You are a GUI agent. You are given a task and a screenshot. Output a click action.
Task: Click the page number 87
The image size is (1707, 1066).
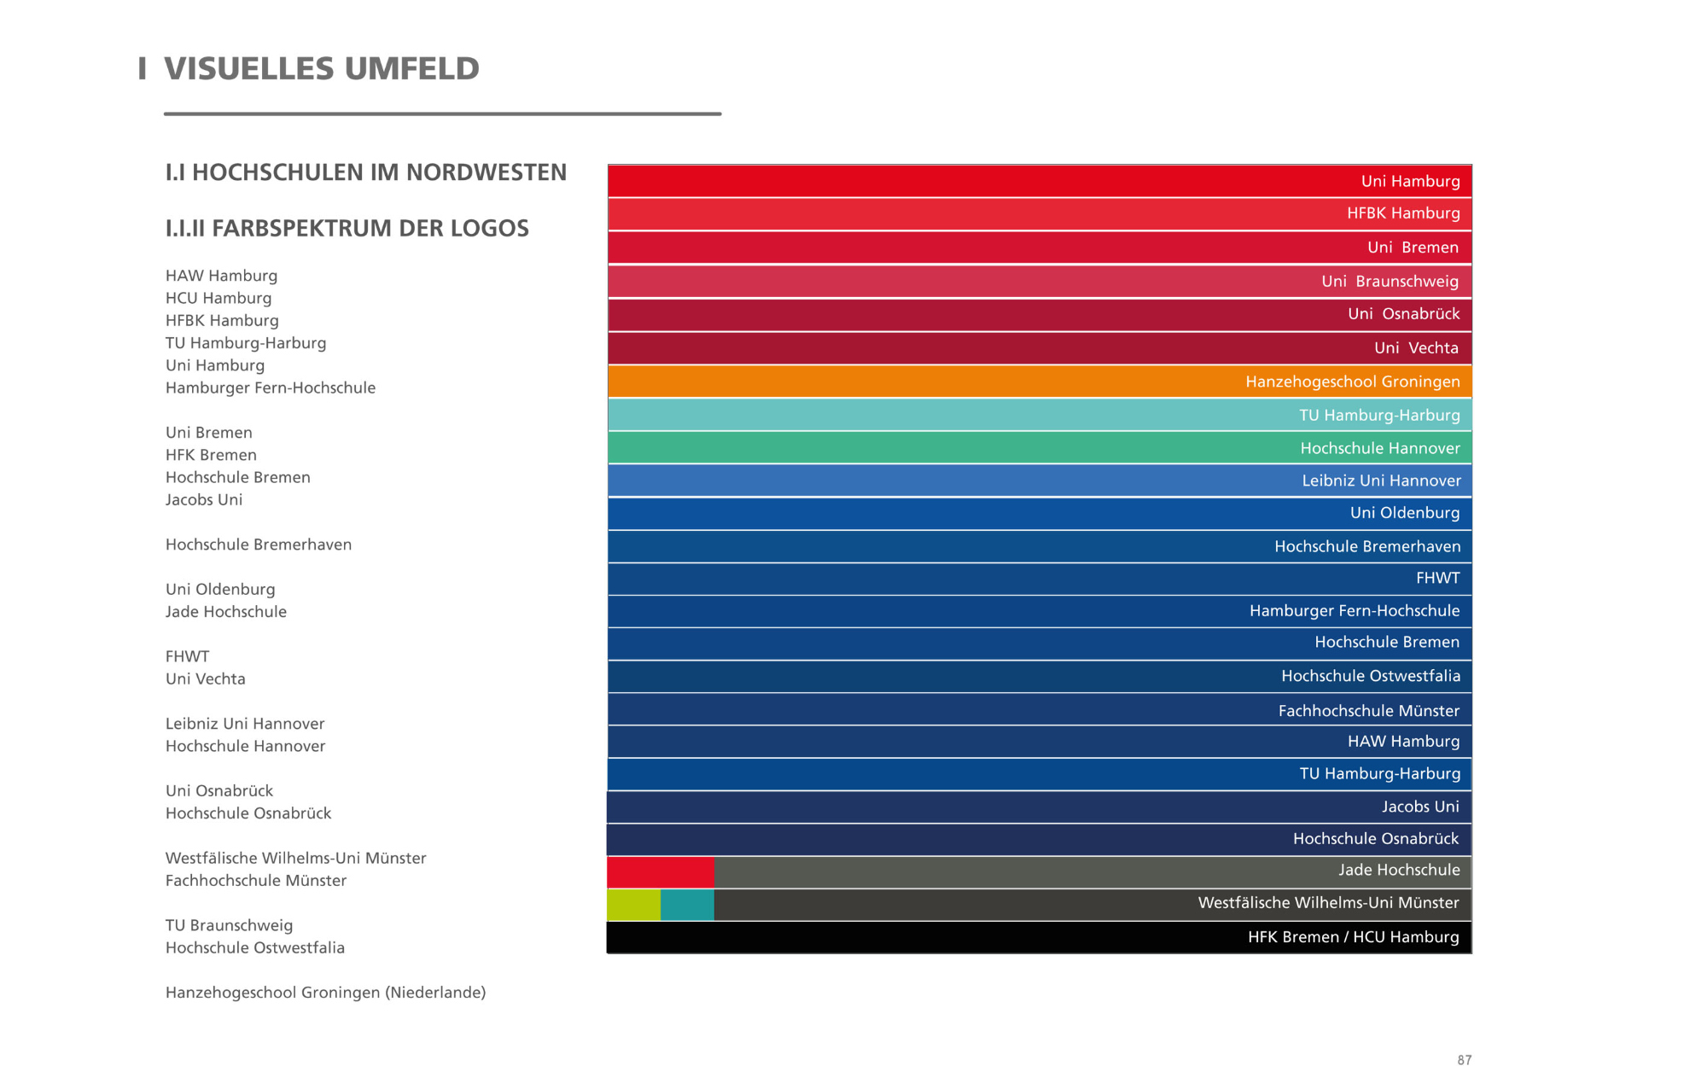[x=1464, y=1059]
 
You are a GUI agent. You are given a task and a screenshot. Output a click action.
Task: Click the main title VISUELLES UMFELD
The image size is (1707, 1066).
[x=321, y=69]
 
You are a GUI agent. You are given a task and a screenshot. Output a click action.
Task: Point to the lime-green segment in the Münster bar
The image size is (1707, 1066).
[x=633, y=905]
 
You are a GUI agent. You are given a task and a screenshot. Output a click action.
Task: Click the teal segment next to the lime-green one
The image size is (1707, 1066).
[x=687, y=905]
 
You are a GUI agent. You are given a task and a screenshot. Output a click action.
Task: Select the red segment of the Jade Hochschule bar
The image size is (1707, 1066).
[x=661, y=872]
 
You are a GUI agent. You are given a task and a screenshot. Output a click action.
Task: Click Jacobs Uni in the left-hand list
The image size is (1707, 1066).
[x=204, y=500]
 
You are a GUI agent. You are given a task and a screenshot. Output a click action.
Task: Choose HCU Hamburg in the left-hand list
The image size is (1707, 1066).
[x=218, y=298]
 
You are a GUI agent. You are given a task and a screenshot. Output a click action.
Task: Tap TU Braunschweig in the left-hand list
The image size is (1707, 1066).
[x=229, y=925]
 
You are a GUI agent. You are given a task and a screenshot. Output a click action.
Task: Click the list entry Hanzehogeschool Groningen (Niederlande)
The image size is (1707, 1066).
[x=325, y=993]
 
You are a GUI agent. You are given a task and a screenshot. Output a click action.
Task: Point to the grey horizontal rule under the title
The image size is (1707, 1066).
[x=442, y=114]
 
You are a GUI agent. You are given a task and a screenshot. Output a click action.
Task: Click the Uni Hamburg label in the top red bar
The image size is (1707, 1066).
[x=1410, y=181]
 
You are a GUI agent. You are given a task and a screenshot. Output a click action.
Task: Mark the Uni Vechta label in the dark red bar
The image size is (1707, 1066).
[x=1416, y=348]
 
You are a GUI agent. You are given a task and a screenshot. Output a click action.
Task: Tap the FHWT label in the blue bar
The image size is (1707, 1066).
[x=1437, y=579]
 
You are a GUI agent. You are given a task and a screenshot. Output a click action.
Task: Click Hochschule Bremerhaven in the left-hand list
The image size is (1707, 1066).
[x=259, y=545]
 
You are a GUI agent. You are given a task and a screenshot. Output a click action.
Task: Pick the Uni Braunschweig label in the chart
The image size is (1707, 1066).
[x=1389, y=282]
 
